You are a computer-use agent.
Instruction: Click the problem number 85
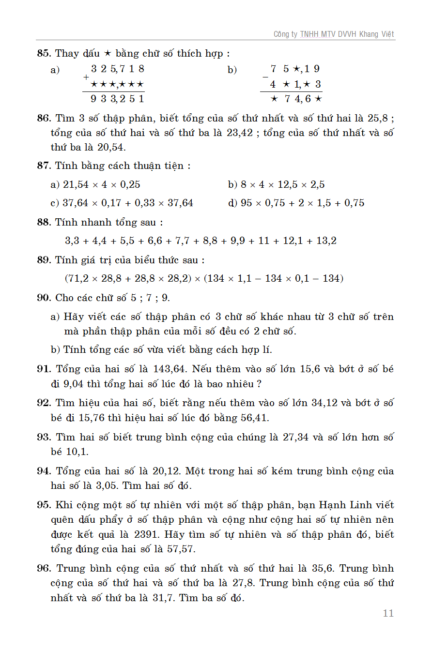tap(44, 53)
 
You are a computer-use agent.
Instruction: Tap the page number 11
tap(388, 613)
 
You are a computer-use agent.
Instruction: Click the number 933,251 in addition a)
tap(117, 99)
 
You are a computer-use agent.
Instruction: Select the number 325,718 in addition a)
tap(117, 69)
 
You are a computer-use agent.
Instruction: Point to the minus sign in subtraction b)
tap(265, 77)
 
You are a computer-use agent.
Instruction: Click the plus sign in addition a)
tap(86, 77)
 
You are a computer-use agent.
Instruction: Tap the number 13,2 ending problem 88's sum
tap(326, 241)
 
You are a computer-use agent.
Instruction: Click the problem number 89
tap(44, 260)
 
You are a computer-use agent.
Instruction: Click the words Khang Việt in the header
tap(377, 34)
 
